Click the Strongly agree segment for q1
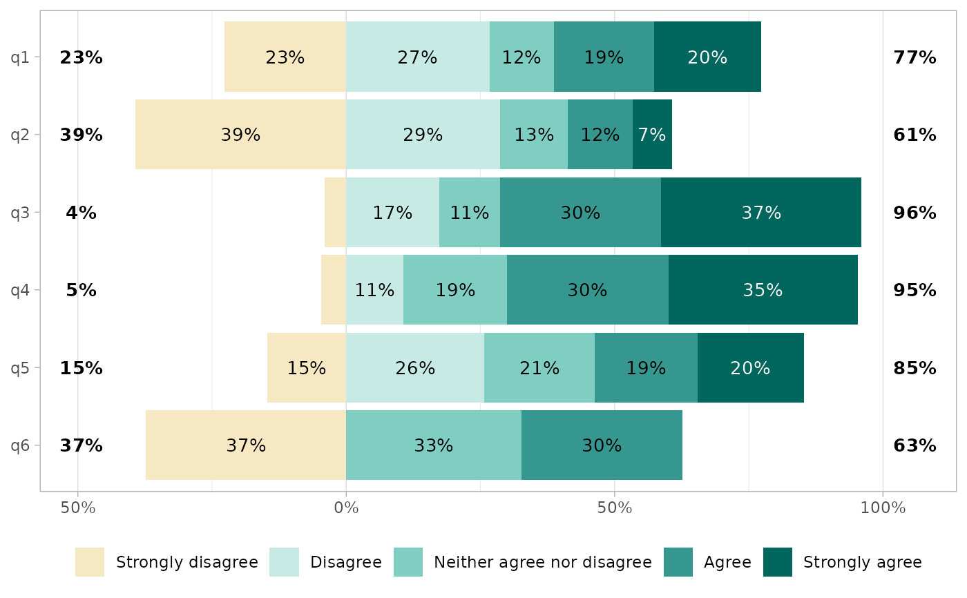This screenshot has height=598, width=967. click(707, 57)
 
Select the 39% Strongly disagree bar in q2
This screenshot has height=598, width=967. click(240, 135)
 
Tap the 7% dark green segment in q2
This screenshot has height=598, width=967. click(652, 135)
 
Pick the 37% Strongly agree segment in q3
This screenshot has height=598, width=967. click(760, 213)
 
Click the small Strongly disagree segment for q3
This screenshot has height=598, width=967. click(335, 213)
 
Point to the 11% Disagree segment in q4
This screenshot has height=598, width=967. click(374, 290)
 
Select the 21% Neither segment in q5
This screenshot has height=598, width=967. click(539, 368)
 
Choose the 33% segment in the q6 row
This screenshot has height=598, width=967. click(433, 445)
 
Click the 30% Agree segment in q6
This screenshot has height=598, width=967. click(602, 445)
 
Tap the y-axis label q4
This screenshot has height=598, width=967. click(20, 290)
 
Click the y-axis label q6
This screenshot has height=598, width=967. click(20, 445)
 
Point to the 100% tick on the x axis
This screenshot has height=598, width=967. click(882, 509)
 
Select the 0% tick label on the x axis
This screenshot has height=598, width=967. click(346, 509)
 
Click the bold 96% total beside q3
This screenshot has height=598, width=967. click(915, 213)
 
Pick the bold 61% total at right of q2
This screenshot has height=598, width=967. click(915, 135)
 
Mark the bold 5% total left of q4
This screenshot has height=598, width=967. click(81, 290)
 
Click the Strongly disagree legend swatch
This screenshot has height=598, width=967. click(90, 562)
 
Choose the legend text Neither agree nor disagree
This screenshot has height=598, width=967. click(542, 562)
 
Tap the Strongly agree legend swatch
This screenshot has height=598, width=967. click(777, 562)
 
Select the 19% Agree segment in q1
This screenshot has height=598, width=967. click(604, 57)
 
